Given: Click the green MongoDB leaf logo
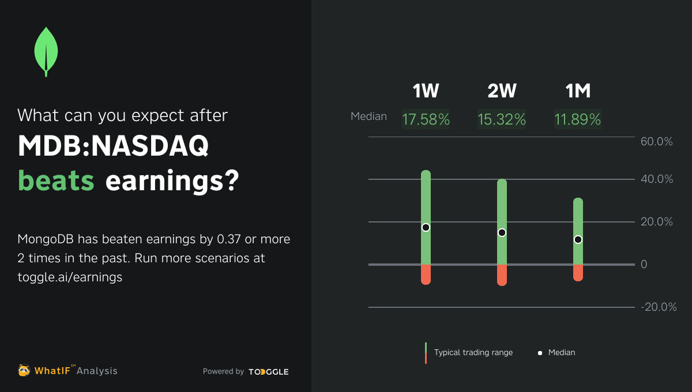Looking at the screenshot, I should (46, 51).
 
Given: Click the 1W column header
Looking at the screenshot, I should (426, 91).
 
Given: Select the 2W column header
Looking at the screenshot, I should (502, 91).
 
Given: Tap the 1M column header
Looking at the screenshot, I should (578, 91).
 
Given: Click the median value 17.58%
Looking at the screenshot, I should (426, 119).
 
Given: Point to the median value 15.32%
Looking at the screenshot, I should (502, 119).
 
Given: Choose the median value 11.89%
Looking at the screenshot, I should (578, 119).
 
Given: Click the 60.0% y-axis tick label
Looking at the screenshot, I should (657, 142).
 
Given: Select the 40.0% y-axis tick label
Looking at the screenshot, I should (657, 179).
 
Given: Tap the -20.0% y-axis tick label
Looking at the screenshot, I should (658, 307).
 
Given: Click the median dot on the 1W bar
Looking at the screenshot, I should (426, 227).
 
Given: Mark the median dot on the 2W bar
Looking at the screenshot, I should (502, 232).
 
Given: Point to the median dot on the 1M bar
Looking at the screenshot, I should (578, 239).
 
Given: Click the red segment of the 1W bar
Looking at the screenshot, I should (426, 274).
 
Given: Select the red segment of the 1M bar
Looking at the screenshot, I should (578, 273).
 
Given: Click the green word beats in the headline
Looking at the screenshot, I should (56, 180).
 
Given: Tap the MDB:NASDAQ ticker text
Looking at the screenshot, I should (113, 148).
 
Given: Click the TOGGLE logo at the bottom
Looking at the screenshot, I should (269, 372).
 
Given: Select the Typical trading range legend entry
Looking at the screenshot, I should (473, 352).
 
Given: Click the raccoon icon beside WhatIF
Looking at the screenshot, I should (24, 371).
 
